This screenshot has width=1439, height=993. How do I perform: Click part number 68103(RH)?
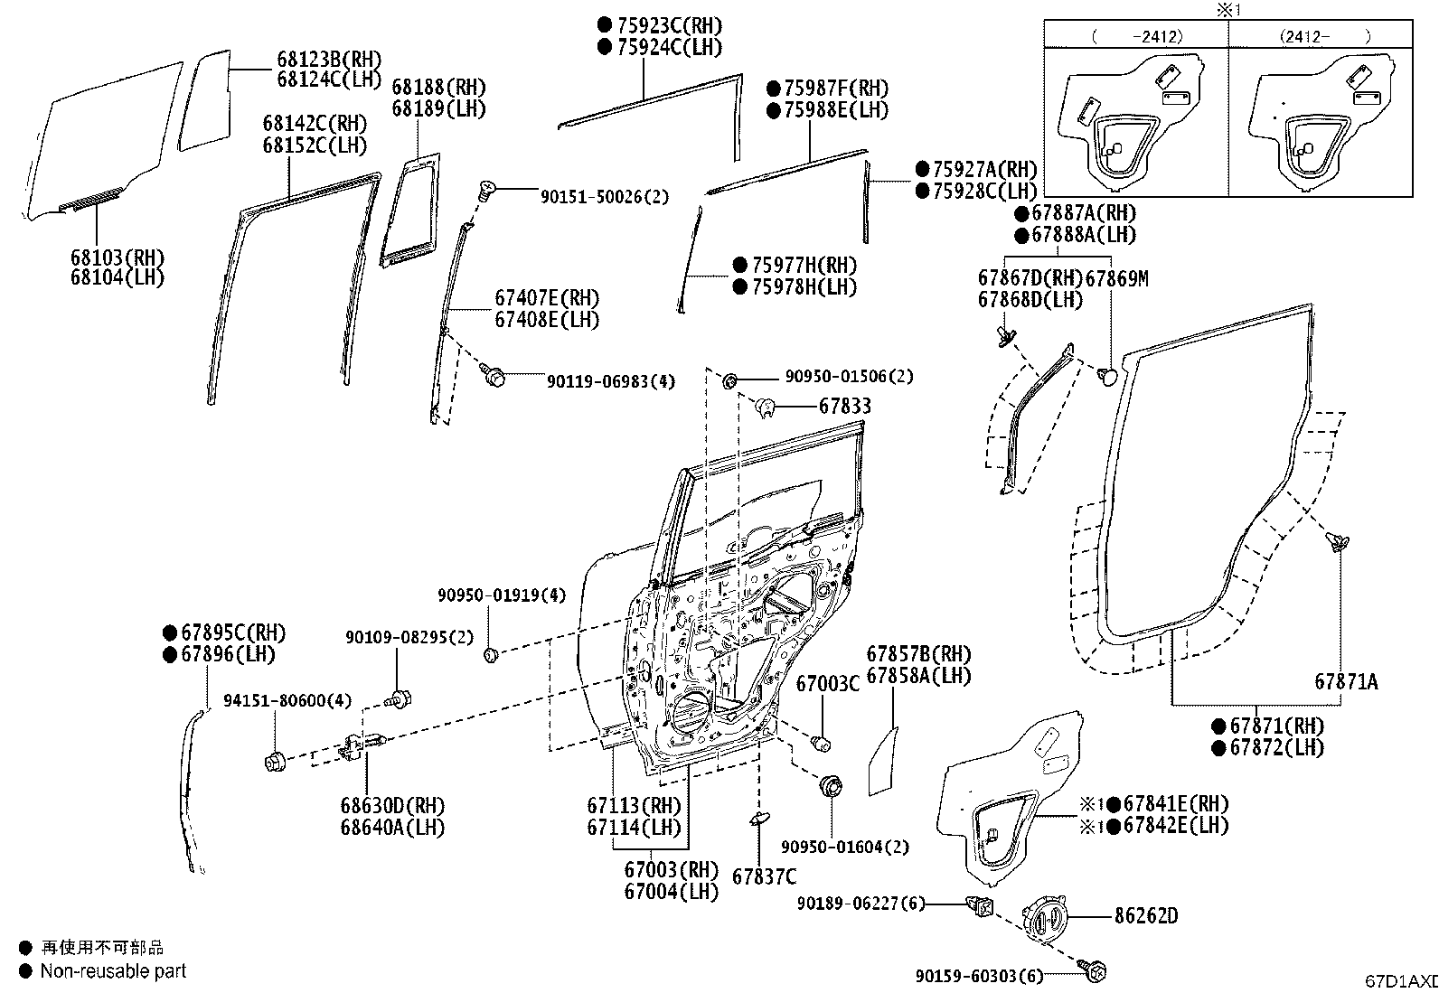pos(117,257)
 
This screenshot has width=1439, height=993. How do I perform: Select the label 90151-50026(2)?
pos(605,196)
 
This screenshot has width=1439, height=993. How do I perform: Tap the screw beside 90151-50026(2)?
pos(484,189)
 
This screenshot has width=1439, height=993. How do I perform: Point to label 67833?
pos(845,407)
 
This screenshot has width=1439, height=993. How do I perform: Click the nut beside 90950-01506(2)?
pos(729,379)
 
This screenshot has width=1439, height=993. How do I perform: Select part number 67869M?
pos(1116,278)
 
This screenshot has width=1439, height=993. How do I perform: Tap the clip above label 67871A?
pos(1336,542)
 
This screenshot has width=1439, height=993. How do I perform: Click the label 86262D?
pos(1145,916)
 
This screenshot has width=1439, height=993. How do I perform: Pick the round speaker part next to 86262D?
pos(1047,919)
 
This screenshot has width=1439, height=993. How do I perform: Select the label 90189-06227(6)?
pos(861,903)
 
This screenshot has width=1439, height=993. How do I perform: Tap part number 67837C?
pos(764,876)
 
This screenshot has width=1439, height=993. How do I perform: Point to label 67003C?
pos(827,684)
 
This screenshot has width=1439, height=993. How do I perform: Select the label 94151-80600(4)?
pos(288,700)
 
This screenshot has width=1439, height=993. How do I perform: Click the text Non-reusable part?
pos(114,971)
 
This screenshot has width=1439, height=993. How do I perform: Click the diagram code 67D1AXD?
pos(1400,981)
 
